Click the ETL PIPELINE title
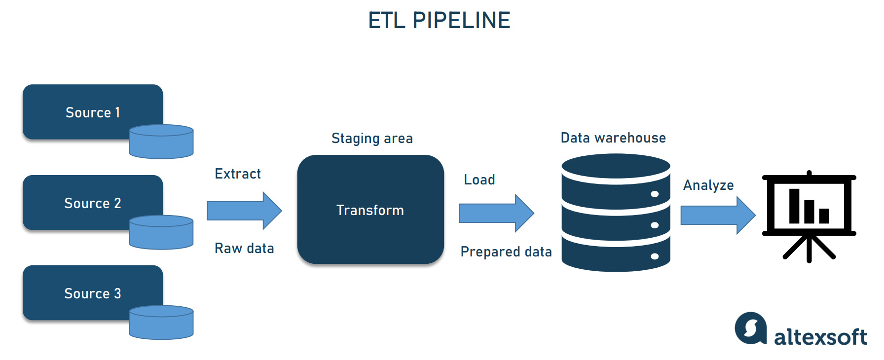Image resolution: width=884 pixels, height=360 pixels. click(439, 20)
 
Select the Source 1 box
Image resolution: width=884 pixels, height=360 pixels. click(92, 112)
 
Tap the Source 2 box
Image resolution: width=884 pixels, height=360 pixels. click(92, 203)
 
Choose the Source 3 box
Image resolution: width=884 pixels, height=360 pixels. click(92, 293)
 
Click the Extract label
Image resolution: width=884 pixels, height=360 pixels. click(237, 174)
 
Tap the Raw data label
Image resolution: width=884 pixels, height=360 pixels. click(244, 248)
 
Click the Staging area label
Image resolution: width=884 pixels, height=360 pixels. click(372, 138)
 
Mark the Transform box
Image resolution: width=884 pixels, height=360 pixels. click(370, 210)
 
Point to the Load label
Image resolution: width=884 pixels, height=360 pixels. click(479, 180)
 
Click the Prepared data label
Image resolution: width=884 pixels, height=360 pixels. click(506, 252)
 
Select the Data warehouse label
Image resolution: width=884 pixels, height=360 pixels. click(613, 138)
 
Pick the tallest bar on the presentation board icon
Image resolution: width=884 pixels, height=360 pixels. click(794, 206)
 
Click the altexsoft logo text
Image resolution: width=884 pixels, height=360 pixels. click(820, 337)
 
